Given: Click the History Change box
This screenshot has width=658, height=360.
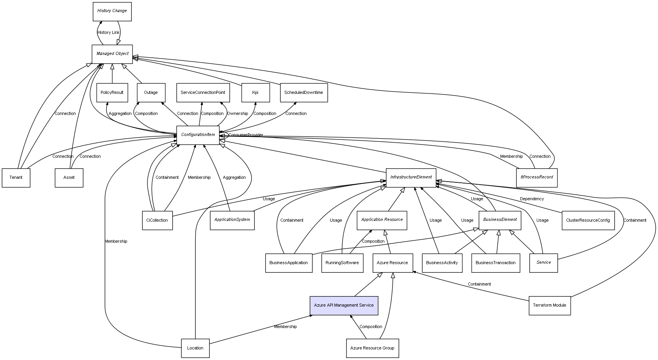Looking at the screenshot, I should (x=112, y=11).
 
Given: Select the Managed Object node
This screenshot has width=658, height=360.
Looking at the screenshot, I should (x=112, y=54).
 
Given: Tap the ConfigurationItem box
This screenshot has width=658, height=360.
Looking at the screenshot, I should (x=198, y=135).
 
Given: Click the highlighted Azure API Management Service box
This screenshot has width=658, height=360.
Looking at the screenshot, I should (x=344, y=305).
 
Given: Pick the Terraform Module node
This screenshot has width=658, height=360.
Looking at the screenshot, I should (x=550, y=305).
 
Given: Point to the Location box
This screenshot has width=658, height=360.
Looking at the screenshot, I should (x=195, y=348).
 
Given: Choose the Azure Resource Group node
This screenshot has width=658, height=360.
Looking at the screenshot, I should (x=372, y=348).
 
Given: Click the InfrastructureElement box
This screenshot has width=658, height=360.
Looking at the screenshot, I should (x=411, y=177).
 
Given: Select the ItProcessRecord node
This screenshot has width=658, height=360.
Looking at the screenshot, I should (x=537, y=177).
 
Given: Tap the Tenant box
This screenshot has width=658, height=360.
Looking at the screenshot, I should (x=16, y=178).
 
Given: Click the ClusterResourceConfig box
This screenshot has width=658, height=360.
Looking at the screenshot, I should (x=588, y=221).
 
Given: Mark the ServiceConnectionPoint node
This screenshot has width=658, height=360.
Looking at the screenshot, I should (x=203, y=93).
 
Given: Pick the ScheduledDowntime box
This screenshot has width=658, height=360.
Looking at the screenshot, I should (x=304, y=93).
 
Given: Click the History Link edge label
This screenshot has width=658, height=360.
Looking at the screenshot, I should (x=108, y=33).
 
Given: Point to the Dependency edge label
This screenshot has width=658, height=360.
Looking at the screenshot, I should (x=532, y=199).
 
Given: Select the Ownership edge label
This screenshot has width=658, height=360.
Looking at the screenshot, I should (x=237, y=114).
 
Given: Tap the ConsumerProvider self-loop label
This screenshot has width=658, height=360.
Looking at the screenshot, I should (x=246, y=135).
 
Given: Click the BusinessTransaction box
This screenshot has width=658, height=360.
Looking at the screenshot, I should (x=495, y=263).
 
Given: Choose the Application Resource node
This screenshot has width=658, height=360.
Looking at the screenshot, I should (x=382, y=220).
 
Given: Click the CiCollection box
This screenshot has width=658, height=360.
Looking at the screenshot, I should (x=157, y=221).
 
